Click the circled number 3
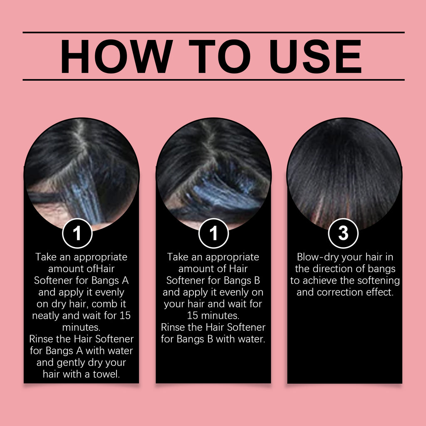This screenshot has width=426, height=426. pyautogui.click(x=343, y=233)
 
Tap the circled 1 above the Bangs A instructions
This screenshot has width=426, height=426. pyautogui.click(x=77, y=233)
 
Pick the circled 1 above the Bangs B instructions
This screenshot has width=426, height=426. pyautogui.click(x=213, y=233)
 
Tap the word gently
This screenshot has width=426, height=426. pyautogui.click(x=70, y=362)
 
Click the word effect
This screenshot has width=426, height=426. pyautogui.click(x=380, y=292)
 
